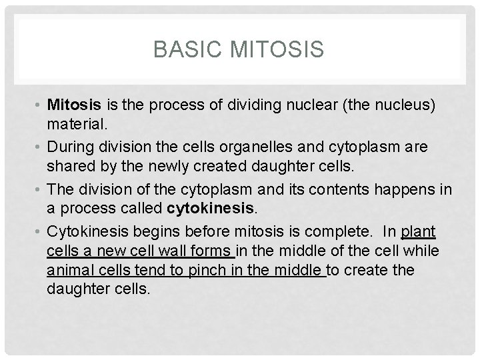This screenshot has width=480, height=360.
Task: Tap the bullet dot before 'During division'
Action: point(39,145)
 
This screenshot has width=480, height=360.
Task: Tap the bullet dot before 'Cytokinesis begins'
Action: point(39,231)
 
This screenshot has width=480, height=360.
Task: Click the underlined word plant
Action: point(418,231)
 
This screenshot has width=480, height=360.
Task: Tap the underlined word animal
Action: point(68,271)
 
